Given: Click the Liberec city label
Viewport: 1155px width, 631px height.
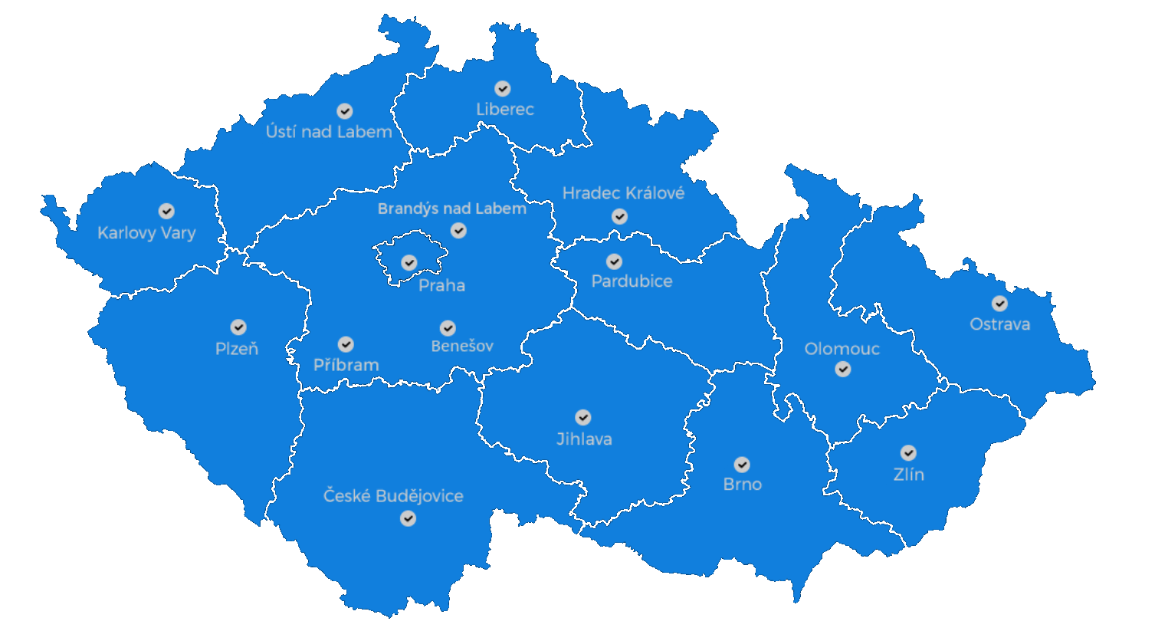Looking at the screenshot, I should pyautogui.click(x=504, y=110).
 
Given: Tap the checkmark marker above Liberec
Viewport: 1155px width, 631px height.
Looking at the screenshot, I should pyautogui.click(x=503, y=89).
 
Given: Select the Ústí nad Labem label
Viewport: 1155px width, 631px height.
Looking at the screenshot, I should pyautogui.click(x=329, y=132).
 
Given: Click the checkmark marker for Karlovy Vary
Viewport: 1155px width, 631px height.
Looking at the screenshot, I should pyautogui.click(x=166, y=211).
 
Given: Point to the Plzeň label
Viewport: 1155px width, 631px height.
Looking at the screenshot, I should pyautogui.click(x=237, y=349).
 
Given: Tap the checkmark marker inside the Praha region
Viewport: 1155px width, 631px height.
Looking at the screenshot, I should pyautogui.click(x=409, y=263).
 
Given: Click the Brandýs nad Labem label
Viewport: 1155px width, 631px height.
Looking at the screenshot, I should pyautogui.click(x=452, y=209).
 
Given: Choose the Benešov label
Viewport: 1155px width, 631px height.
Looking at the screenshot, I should pyautogui.click(x=462, y=346).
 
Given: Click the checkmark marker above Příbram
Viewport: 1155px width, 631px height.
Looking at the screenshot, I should pyautogui.click(x=346, y=344).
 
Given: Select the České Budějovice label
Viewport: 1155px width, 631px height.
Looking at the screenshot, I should pyautogui.click(x=393, y=496).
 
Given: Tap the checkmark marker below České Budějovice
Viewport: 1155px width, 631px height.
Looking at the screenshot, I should pyautogui.click(x=409, y=519).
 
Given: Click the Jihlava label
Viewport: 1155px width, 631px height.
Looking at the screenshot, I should pyautogui.click(x=584, y=439).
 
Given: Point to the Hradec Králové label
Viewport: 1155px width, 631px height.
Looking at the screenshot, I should pyautogui.click(x=623, y=193).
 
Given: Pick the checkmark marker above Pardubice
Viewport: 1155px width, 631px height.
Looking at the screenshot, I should pyautogui.click(x=614, y=262).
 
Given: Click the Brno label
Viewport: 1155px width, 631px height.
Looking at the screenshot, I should pyautogui.click(x=743, y=485).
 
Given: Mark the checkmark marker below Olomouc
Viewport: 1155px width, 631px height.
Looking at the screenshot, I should pyautogui.click(x=843, y=370).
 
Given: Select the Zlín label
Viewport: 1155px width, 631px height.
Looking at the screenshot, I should pyautogui.click(x=909, y=475).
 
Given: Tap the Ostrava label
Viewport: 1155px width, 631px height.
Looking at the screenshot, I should pyautogui.click(x=999, y=324).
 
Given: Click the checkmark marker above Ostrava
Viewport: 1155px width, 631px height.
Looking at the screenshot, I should pyautogui.click(x=999, y=304).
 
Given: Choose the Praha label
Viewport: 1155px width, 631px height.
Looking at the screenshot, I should pyautogui.click(x=442, y=286).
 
